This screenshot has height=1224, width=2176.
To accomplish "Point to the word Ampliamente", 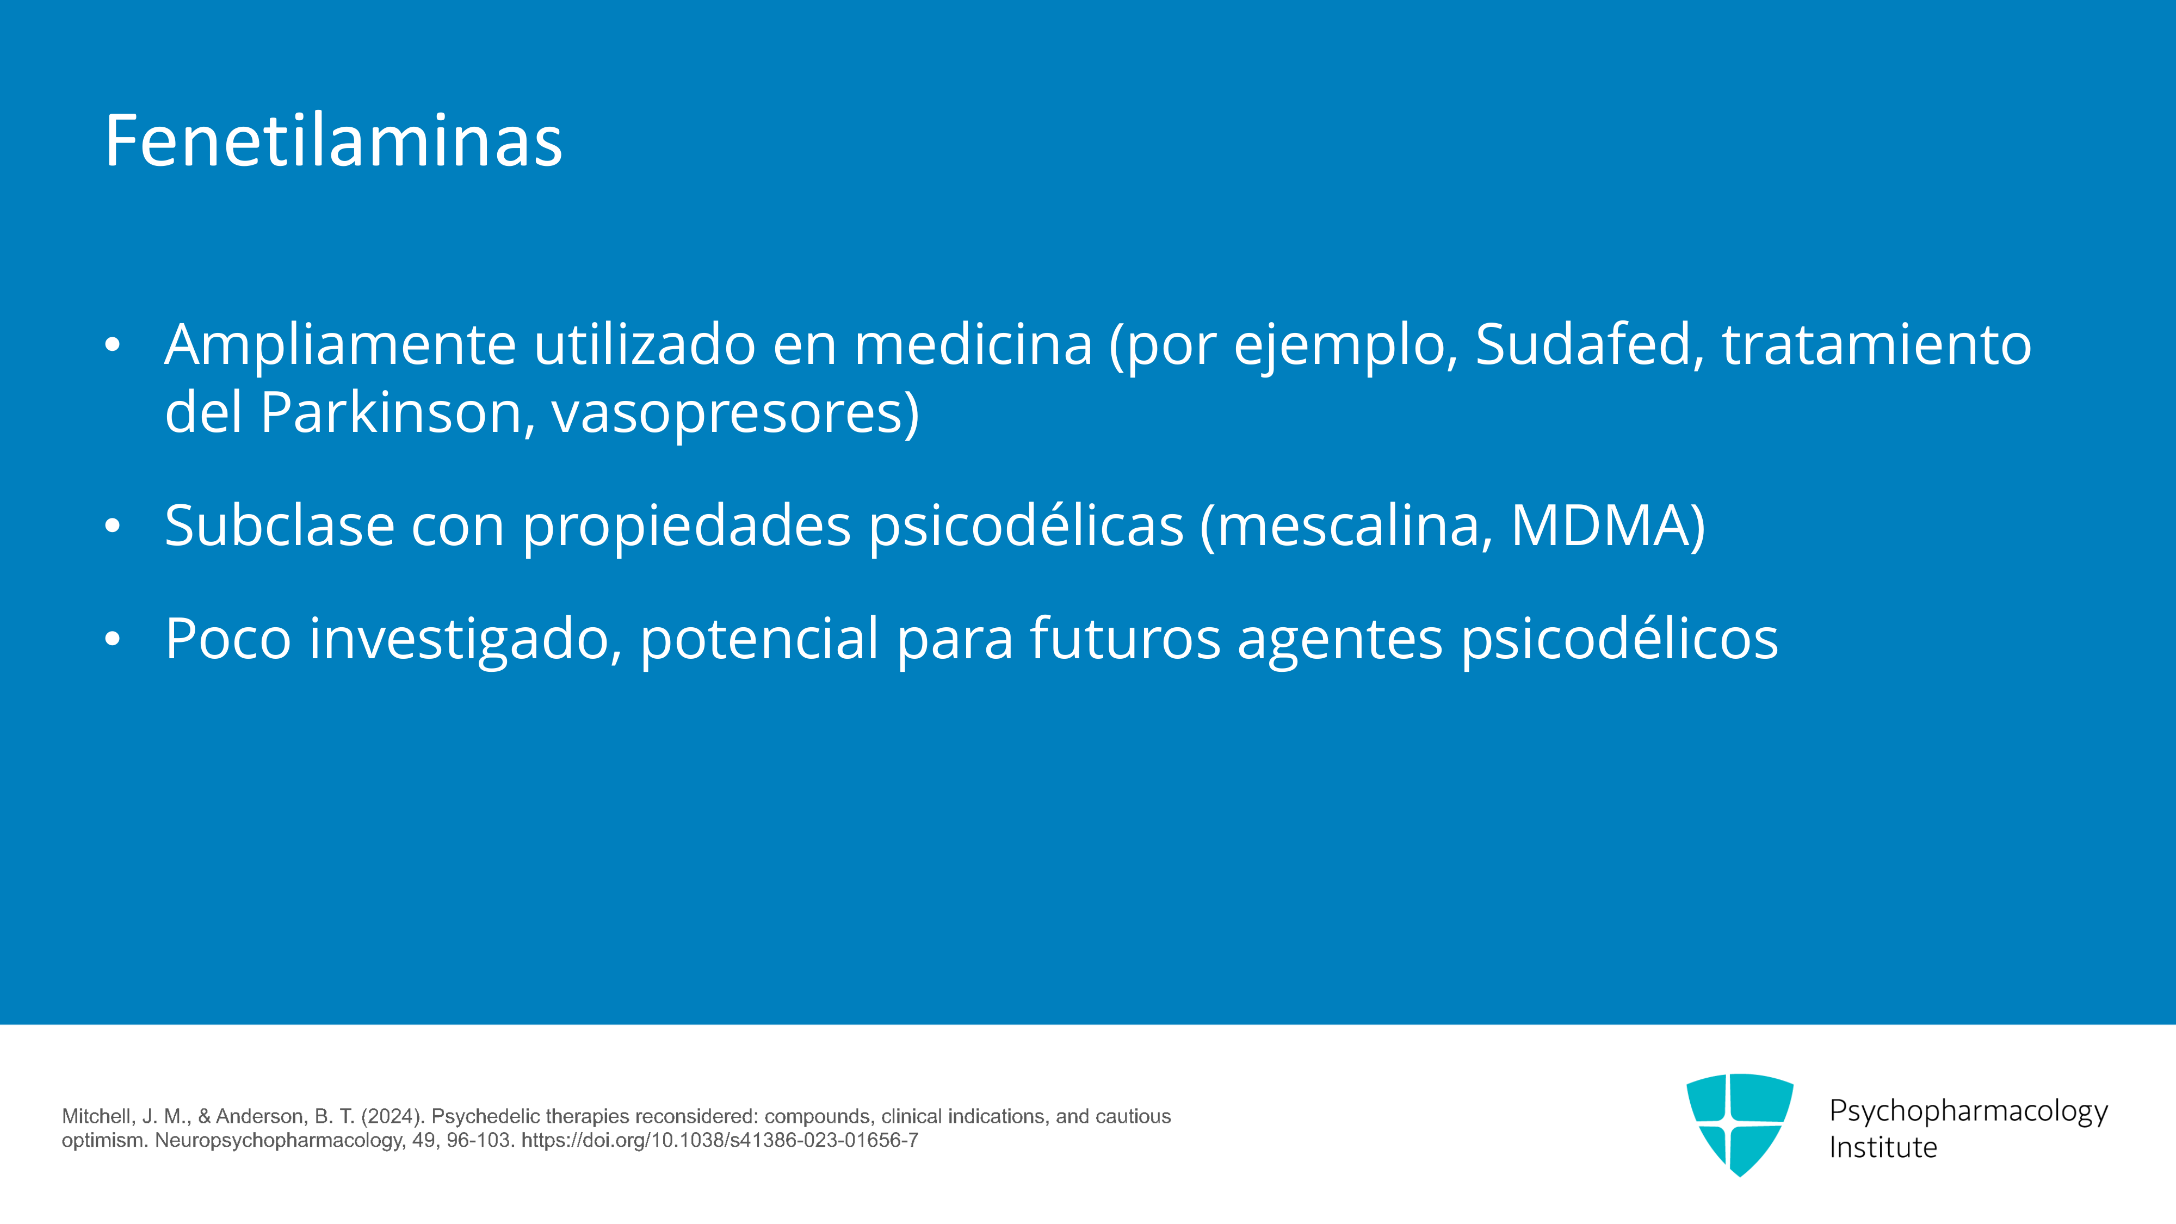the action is click(x=341, y=347).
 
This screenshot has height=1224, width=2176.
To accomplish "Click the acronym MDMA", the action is click(x=1598, y=526).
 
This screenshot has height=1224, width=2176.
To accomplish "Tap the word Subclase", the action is click(x=280, y=526).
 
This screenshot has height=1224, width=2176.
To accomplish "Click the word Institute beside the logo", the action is click(x=1883, y=1148).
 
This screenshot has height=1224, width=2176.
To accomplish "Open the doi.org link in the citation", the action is click(x=720, y=1140).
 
